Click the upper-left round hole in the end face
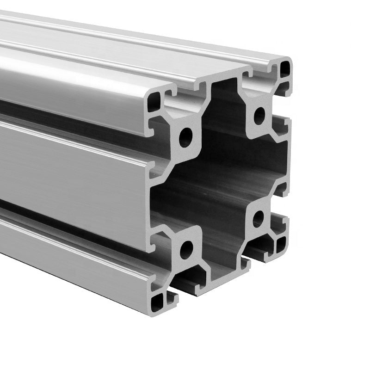[x=185, y=137]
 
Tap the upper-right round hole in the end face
[x=259, y=116]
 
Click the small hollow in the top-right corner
[x=285, y=69]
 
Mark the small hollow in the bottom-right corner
[x=281, y=244]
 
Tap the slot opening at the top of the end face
[x=222, y=81]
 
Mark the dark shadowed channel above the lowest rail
[x=69, y=222]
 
